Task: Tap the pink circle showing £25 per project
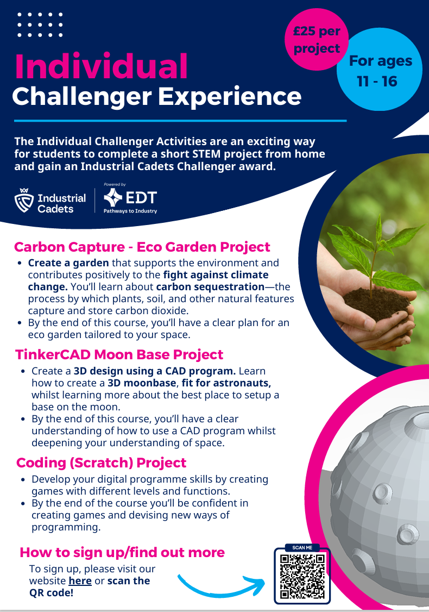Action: click(x=317, y=40)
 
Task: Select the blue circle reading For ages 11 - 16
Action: click(x=380, y=70)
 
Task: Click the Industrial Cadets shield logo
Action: click(x=24, y=200)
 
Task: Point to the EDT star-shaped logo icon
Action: click(x=113, y=197)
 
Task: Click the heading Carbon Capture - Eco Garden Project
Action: click(x=142, y=247)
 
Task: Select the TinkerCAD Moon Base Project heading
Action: click(x=119, y=355)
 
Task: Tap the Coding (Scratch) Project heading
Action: click(x=102, y=463)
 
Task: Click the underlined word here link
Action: click(x=80, y=581)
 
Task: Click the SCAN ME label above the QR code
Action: click(x=302, y=548)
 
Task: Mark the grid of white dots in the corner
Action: click(x=40, y=24)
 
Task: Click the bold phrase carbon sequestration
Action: click(x=210, y=287)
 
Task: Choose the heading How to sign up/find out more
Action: click(x=122, y=553)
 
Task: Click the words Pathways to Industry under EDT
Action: click(x=130, y=211)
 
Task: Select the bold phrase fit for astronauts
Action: click(x=226, y=383)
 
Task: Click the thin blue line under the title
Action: click(x=180, y=121)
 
